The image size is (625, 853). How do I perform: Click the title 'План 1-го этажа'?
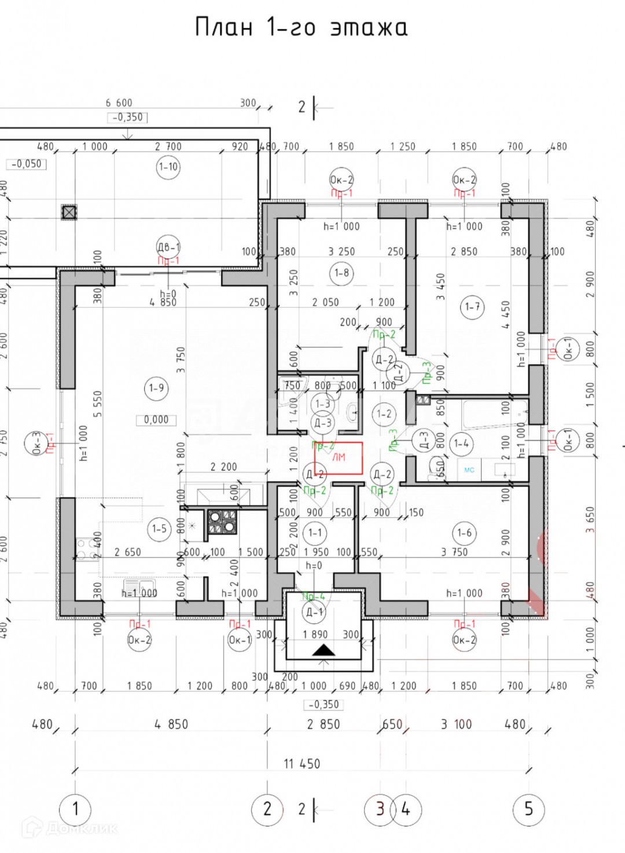click(301, 27)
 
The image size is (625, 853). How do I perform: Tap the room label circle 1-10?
click(168, 167)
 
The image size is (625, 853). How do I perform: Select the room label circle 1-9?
click(156, 387)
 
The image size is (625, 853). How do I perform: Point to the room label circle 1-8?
click(341, 273)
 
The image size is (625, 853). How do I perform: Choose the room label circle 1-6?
click(464, 533)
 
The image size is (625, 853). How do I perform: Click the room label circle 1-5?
click(159, 528)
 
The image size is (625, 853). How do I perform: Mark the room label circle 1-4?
click(461, 444)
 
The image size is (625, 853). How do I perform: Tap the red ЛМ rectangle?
click(339, 457)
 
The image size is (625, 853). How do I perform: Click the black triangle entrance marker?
click(323, 650)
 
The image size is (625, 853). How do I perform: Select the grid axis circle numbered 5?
click(528, 808)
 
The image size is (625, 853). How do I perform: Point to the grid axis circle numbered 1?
click(75, 808)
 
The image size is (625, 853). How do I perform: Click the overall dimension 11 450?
click(302, 764)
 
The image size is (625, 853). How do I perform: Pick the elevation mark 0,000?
click(156, 419)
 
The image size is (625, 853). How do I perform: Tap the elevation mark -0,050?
click(27, 164)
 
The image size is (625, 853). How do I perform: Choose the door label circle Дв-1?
click(168, 247)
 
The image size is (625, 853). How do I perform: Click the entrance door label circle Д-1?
click(314, 612)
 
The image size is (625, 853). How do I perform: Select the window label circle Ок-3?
click(36, 443)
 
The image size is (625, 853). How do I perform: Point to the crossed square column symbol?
click(69, 212)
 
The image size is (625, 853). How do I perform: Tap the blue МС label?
click(469, 470)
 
